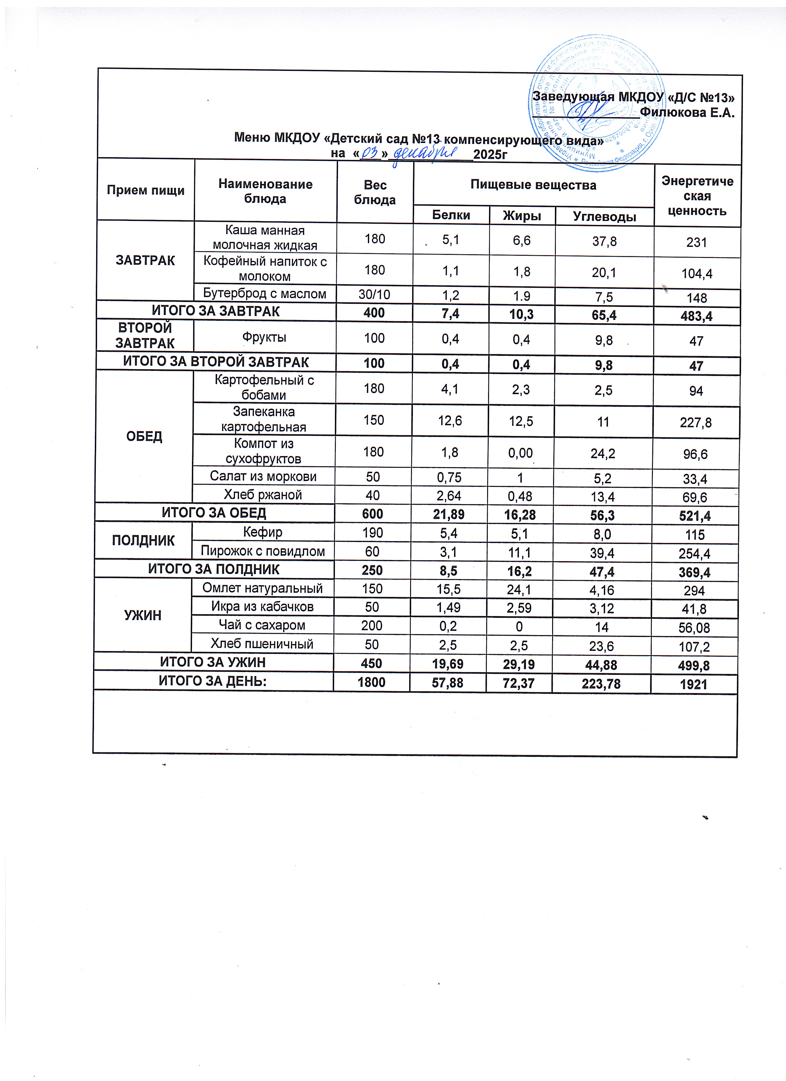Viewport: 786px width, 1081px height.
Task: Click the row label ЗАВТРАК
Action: point(145,260)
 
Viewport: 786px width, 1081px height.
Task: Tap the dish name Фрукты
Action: point(265,337)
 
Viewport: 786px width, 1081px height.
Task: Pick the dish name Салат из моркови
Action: point(263,476)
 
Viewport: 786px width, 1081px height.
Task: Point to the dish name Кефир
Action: point(263,532)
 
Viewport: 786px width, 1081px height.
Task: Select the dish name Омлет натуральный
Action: point(262,588)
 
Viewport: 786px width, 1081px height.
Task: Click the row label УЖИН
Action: point(143,615)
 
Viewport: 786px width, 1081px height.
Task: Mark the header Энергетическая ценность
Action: point(697,196)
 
